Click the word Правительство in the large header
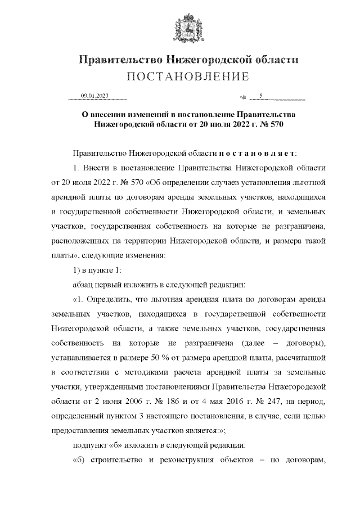point(118,59)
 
